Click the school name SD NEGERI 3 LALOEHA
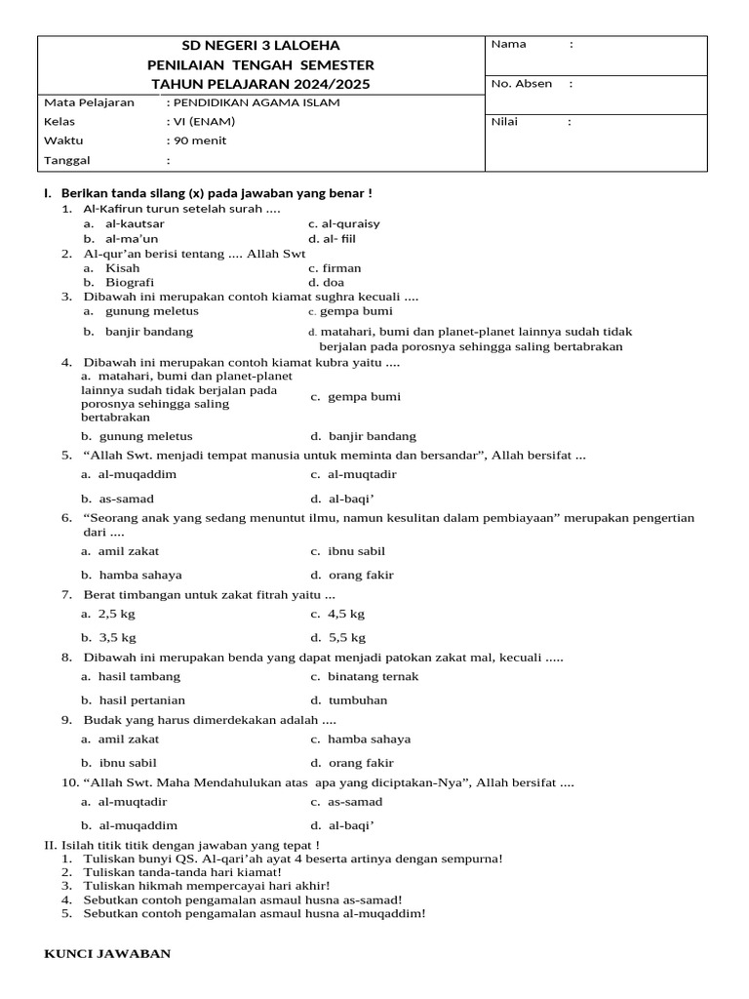(x=261, y=46)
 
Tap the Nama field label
(x=509, y=44)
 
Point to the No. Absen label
(x=522, y=84)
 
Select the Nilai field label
(x=505, y=122)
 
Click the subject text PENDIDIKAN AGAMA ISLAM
(x=256, y=102)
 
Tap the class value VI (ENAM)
(x=205, y=122)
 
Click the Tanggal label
(x=67, y=160)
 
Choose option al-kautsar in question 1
(x=135, y=223)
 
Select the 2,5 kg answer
(x=117, y=614)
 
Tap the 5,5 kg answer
(x=347, y=637)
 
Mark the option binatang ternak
(x=373, y=676)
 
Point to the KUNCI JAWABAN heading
(x=107, y=953)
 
